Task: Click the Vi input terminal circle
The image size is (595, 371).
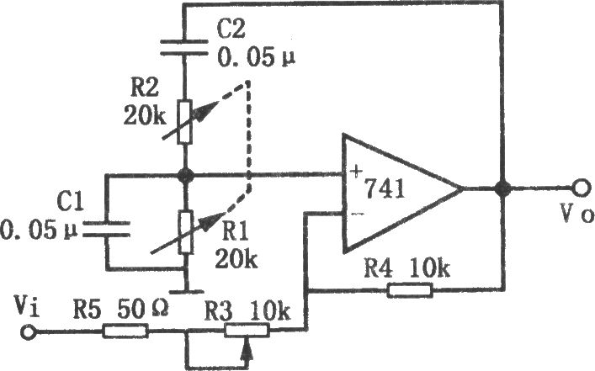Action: (x=28, y=332)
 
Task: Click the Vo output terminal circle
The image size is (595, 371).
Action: (x=580, y=188)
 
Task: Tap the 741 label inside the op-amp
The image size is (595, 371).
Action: (x=384, y=188)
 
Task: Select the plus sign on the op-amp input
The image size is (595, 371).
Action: (x=356, y=172)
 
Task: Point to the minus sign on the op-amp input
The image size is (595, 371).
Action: (x=357, y=215)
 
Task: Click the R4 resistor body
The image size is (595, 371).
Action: (x=410, y=290)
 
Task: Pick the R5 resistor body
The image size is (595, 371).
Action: (x=125, y=331)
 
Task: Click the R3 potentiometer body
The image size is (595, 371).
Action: (x=247, y=331)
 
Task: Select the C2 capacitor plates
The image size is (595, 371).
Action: (x=184, y=47)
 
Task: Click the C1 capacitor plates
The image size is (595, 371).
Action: (x=107, y=229)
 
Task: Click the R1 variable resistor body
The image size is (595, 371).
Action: (x=185, y=232)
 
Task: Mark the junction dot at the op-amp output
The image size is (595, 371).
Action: (x=503, y=188)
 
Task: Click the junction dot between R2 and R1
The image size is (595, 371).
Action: (x=185, y=175)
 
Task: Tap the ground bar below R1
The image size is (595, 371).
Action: (x=186, y=292)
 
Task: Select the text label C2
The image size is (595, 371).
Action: (x=231, y=29)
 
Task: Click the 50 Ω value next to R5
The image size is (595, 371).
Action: (x=143, y=310)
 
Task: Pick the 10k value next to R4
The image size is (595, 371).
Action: (x=429, y=268)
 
